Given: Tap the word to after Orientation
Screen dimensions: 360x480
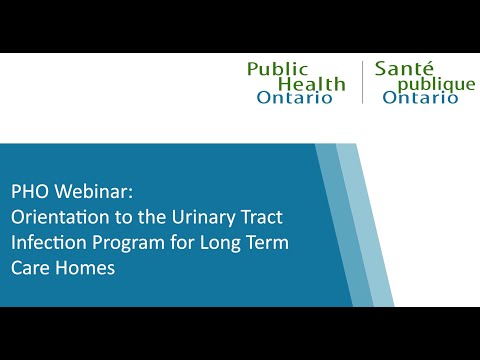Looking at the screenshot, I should point(115,217).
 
